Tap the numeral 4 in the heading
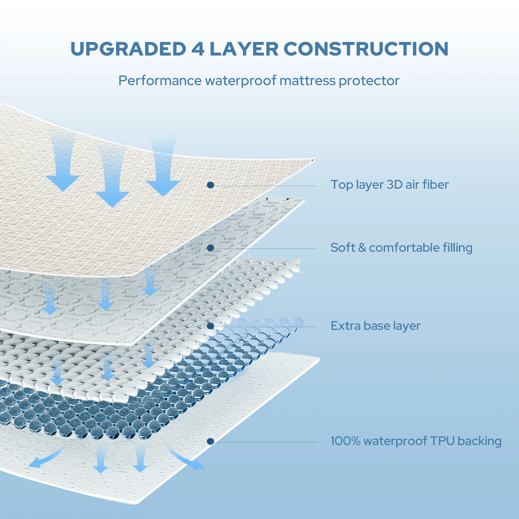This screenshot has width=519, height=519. (x=198, y=49)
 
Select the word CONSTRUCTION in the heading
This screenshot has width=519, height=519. (x=366, y=49)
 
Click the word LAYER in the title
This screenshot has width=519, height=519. (x=244, y=49)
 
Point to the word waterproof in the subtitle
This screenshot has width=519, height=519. (x=241, y=81)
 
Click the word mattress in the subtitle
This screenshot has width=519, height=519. (x=307, y=81)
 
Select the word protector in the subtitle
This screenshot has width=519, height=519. (x=369, y=81)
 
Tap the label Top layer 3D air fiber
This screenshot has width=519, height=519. (x=389, y=185)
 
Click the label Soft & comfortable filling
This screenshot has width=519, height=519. (x=401, y=248)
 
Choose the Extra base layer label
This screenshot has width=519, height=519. (x=375, y=326)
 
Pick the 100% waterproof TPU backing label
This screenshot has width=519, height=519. (x=415, y=441)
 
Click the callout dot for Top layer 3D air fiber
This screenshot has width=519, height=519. (x=210, y=185)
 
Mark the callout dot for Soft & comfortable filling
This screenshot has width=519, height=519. (x=210, y=248)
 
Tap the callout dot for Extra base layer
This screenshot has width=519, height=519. (x=210, y=326)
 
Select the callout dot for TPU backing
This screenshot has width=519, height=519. (x=210, y=441)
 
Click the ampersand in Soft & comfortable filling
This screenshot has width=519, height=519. (x=362, y=248)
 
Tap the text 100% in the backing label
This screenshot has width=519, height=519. (x=345, y=441)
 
